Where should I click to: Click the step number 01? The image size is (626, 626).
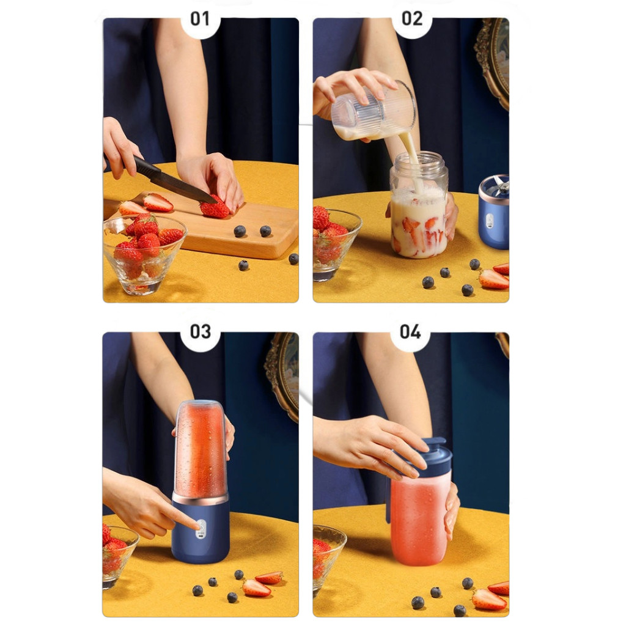point(200,19)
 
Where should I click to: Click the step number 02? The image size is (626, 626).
point(411,19)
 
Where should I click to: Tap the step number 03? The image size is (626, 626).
point(200,332)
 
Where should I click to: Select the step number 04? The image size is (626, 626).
point(410,332)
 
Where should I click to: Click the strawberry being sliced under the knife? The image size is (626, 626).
point(215,208)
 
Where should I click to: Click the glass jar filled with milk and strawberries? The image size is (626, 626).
point(418,205)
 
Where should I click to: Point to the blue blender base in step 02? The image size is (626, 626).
point(494,212)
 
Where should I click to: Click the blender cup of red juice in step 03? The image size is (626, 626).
point(201,449)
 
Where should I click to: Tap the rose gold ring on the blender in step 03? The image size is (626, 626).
point(200,499)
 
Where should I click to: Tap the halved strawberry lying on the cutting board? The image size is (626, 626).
point(158,202)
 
